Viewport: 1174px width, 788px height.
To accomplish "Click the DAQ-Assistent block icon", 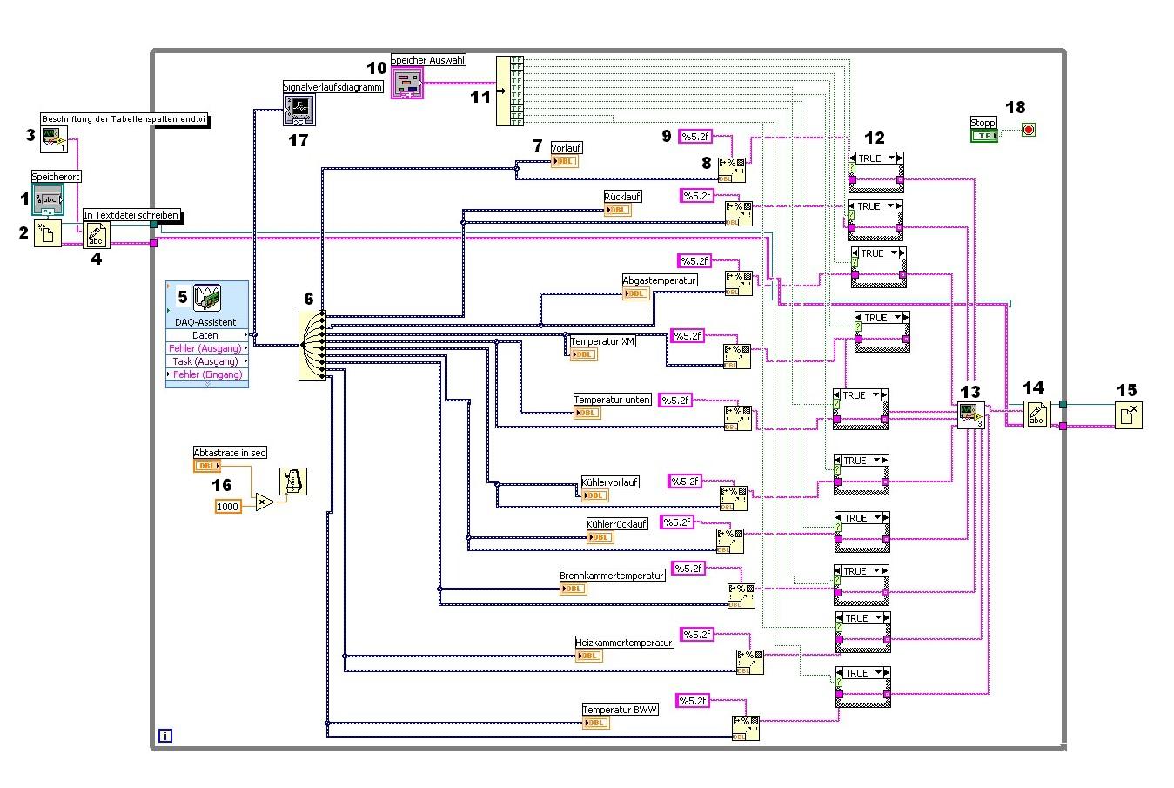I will point(206,299).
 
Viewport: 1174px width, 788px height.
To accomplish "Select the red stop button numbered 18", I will point(1029,130).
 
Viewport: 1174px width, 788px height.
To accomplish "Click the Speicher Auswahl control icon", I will point(406,83).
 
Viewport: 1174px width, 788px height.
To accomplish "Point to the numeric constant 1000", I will point(228,506).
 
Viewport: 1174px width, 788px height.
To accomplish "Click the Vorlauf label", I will point(567,148).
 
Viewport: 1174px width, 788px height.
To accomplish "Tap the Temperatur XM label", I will point(602,341).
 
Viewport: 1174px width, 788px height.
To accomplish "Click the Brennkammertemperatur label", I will point(612,576).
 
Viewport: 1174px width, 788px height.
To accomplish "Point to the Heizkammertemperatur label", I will point(624,643).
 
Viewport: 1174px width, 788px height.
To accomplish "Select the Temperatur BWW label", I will point(620,710).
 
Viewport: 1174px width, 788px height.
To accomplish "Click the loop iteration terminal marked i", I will point(165,736).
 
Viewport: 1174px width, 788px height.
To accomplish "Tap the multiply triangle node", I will point(264,502).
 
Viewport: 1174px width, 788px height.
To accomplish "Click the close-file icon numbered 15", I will point(1128,414).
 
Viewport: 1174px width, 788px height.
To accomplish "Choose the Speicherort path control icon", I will point(48,199).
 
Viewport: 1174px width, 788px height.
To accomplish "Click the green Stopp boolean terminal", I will point(984,136).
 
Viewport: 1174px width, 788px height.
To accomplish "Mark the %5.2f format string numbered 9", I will point(695,136).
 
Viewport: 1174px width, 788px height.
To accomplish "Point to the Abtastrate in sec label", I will point(230,452).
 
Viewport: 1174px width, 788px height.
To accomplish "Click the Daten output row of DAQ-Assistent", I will point(206,335).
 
